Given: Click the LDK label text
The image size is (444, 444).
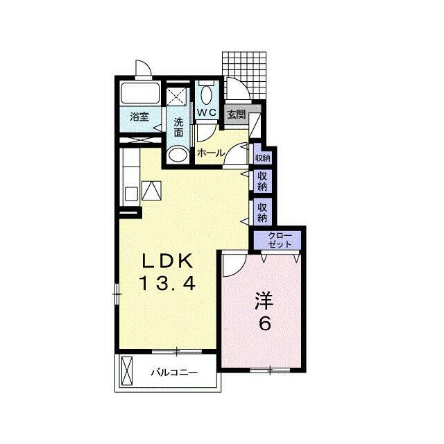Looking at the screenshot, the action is click(x=168, y=261).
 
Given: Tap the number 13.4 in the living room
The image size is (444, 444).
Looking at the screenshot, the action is click(x=167, y=283).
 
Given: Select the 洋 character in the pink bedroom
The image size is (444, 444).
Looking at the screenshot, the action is click(x=264, y=301).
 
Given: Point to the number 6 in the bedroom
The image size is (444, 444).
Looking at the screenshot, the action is click(x=265, y=323).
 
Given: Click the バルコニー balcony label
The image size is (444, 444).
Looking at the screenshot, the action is click(x=174, y=373).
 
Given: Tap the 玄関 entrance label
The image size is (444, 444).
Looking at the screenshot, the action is click(x=237, y=114).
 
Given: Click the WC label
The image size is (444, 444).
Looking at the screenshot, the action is click(x=207, y=112).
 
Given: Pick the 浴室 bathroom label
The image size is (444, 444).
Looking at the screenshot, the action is click(x=139, y=117).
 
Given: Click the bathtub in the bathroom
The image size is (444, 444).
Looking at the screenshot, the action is click(x=140, y=92).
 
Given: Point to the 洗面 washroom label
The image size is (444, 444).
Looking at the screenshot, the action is click(x=178, y=128).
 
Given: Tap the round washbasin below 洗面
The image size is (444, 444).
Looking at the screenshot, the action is click(x=178, y=154).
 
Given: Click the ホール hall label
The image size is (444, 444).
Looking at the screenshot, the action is click(x=211, y=153).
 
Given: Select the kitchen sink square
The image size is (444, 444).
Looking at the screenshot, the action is click(x=131, y=194).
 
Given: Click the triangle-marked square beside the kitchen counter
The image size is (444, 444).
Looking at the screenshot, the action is click(x=151, y=190).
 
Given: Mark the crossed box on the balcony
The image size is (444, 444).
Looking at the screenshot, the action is click(x=127, y=371).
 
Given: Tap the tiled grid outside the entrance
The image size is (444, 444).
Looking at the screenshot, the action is click(x=244, y=76).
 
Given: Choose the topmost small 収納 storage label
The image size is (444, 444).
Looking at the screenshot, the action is click(x=262, y=158).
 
